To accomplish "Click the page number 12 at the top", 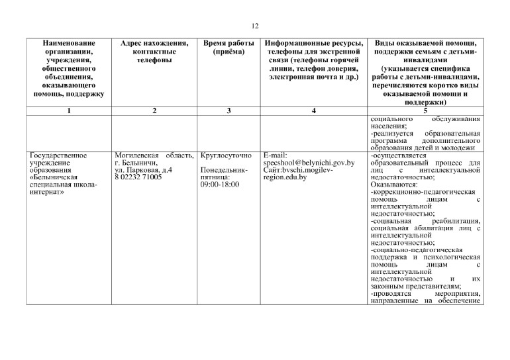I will tap(255, 26).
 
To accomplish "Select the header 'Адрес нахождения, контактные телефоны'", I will tap(154, 51).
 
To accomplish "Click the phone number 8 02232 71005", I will tap(138, 178).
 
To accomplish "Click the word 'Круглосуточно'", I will tap(225, 156).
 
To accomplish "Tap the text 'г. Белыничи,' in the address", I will tap(135, 163).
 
